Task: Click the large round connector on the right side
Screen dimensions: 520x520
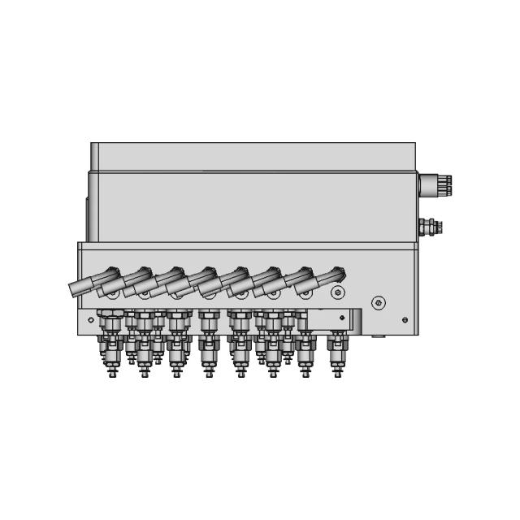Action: point(431,184)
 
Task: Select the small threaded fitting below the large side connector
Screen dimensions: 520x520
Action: point(430,226)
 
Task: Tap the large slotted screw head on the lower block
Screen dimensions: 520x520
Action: point(378,302)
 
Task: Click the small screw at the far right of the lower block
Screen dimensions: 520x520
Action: point(405,320)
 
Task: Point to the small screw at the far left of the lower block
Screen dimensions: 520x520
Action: point(90,319)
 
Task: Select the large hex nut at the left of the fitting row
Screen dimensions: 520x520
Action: point(110,314)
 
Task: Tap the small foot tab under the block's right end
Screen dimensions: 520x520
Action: point(378,335)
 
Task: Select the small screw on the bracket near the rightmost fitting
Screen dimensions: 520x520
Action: point(342,318)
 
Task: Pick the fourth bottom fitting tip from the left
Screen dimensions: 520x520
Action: point(209,374)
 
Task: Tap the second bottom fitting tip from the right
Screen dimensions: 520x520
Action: point(305,374)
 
